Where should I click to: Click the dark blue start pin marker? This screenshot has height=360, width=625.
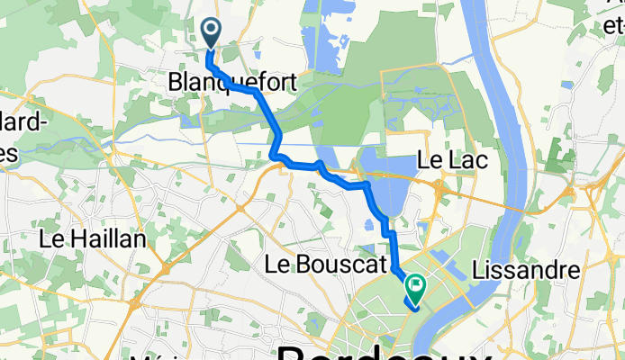(213, 33)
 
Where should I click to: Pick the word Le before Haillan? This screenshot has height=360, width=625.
(52, 240)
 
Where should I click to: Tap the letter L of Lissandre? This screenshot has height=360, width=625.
(477, 269)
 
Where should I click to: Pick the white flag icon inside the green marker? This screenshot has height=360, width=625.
(416, 285)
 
